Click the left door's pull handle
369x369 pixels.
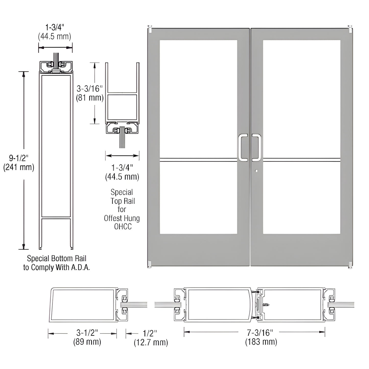click(x=243, y=148)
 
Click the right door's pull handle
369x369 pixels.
click(x=256, y=148)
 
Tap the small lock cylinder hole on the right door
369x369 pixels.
click(x=256, y=171)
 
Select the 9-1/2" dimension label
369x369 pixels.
click(x=19, y=158)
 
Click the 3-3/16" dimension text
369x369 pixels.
click(x=90, y=89)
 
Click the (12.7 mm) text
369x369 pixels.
click(x=151, y=343)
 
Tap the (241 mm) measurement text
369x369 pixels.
click(x=19, y=167)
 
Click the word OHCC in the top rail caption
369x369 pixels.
click(x=123, y=227)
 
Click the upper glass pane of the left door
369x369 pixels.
click(x=198, y=98)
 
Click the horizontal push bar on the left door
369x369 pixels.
click(x=198, y=160)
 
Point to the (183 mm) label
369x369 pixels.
click(x=261, y=342)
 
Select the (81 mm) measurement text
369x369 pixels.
click(x=90, y=98)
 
